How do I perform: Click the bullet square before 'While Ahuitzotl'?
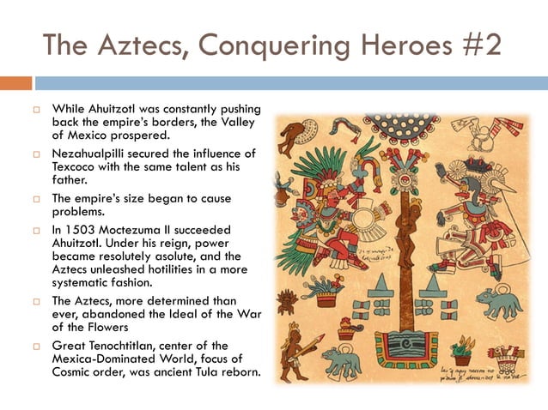[x=35, y=109]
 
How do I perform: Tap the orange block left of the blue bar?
[x=15, y=83]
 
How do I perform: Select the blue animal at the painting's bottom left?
[x=343, y=360]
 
